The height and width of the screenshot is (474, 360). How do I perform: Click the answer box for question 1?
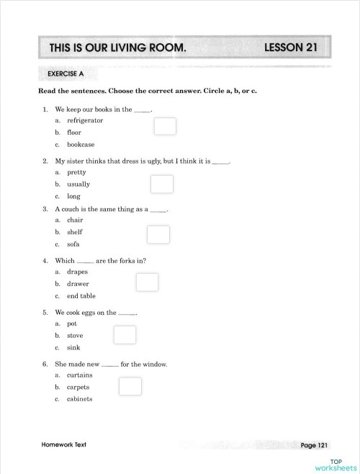(x=165, y=127)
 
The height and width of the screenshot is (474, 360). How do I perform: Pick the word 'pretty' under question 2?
(x=77, y=173)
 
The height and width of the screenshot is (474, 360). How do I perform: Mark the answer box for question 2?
(x=162, y=184)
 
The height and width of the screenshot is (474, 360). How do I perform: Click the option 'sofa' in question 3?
(x=73, y=244)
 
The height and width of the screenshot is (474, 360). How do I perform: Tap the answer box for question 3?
(x=158, y=235)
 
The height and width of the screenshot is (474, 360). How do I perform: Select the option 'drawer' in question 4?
(x=78, y=284)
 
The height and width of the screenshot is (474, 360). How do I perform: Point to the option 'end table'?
(x=81, y=296)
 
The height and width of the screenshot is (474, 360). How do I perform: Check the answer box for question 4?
(x=147, y=282)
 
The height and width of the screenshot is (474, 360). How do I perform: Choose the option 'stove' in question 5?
(x=75, y=336)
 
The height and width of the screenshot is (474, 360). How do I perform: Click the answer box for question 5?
(x=125, y=335)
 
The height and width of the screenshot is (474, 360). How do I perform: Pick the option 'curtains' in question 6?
(x=79, y=375)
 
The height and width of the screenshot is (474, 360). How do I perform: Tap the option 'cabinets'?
(x=80, y=399)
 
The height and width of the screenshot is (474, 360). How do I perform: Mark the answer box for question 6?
(x=130, y=387)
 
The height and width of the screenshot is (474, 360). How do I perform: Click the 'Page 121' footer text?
(x=315, y=445)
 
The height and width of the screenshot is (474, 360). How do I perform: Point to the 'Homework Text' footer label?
(x=64, y=444)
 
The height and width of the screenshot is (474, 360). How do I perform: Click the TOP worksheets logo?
(x=335, y=464)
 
